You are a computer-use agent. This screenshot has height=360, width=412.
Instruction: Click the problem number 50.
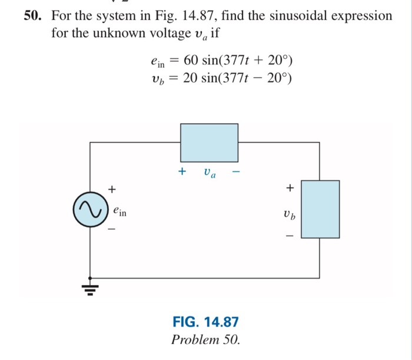click(x=33, y=16)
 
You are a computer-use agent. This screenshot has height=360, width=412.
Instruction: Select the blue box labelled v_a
click(x=209, y=142)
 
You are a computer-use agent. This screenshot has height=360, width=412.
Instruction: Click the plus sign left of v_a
click(x=182, y=172)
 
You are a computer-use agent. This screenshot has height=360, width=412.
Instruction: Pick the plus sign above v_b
click(x=289, y=189)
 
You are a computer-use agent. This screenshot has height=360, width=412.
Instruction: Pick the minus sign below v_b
click(x=289, y=234)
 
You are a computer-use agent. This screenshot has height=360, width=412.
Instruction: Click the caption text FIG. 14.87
click(x=205, y=322)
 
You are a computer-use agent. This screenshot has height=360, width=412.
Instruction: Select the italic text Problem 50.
click(x=205, y=340)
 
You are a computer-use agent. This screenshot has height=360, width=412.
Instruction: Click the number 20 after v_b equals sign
click(x=190, y=79)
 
